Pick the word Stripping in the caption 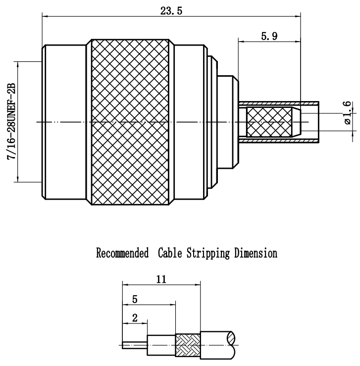[x=204, y=254]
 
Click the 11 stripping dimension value [x=160, y=279]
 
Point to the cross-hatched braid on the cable [x=188, y=342]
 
